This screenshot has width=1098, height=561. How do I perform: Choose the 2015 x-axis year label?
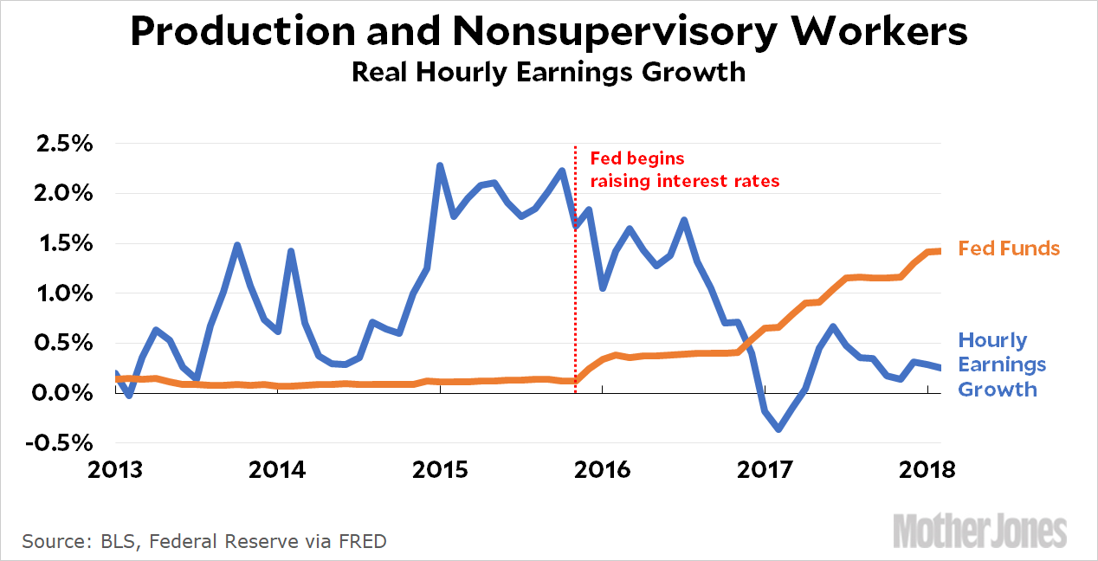[x=441, y=470]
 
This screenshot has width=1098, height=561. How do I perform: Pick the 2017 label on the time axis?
[x=765, y=470]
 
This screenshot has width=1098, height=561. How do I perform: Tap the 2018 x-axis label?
[x=927, y=470]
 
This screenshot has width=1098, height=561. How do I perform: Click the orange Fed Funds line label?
[x=1009, y=248]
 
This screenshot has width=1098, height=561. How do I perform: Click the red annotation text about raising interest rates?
[x=684, y=170]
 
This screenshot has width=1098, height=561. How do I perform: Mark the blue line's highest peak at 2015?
[x=440, y=164]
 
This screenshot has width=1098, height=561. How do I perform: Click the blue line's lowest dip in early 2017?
[x=779, y=429]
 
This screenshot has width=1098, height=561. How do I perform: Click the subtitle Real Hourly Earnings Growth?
[x=548, y=72]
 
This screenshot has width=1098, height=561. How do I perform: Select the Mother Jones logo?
[x=980, y=529]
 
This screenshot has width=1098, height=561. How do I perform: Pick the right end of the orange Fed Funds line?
[x=939, y=251]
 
